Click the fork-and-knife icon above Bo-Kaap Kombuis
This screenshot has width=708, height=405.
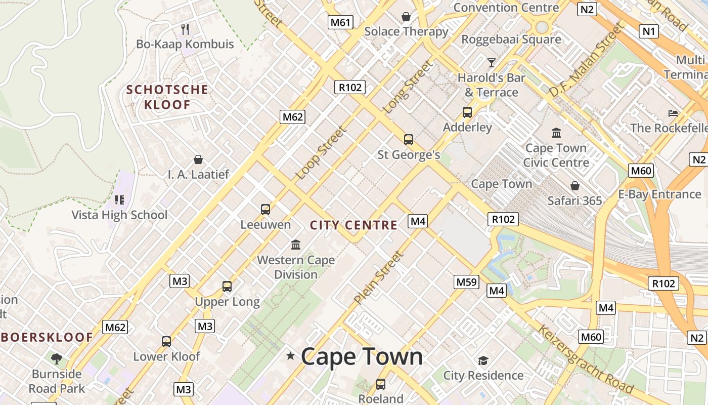pos(185,29)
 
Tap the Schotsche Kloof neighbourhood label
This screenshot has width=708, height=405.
pos(167,97)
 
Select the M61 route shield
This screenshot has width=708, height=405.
pos(340,22)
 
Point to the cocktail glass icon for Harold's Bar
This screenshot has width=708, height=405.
pos(491,63)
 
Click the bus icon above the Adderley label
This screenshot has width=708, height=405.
pos(467,112)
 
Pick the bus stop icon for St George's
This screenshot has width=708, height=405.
pos(409,140)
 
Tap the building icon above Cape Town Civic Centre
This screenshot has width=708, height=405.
pos(556,133)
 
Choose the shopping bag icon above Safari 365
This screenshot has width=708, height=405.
pos(575,186)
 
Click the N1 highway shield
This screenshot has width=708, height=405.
pos(648,31)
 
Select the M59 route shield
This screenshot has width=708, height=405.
pos(466,282)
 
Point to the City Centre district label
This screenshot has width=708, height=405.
pos(353,225)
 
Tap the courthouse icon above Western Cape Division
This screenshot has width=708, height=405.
pos(296,246)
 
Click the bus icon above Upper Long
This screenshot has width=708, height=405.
pos(227,287)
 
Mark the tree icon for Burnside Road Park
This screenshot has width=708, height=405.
pos(57,359)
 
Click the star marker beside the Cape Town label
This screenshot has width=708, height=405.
pos(290,356)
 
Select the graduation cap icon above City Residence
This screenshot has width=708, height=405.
pos(483,360)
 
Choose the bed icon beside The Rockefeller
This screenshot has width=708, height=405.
pos(673,113)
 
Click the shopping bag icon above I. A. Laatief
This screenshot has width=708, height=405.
pos(198,160)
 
